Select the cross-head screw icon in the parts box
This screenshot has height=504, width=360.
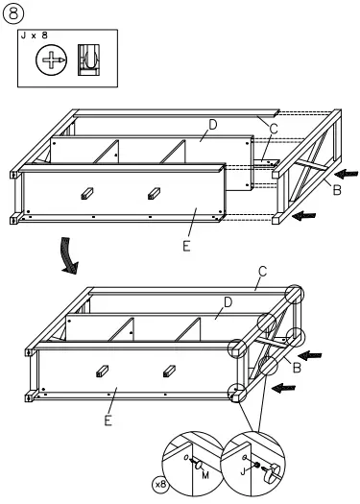coord(49,60)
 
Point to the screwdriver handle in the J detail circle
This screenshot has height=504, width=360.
coord(278,470)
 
